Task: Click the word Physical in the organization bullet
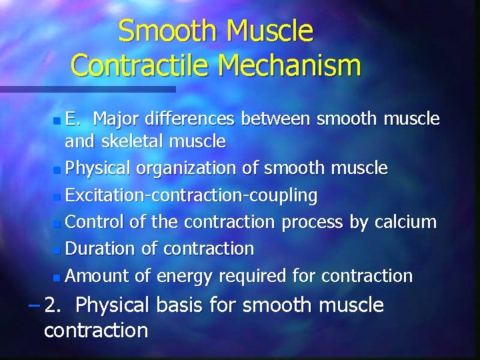(99, 169)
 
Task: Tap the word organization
(189, 169)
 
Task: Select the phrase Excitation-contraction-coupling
(192, 195)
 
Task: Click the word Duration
(101, 249)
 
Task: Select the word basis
(188, 305)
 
